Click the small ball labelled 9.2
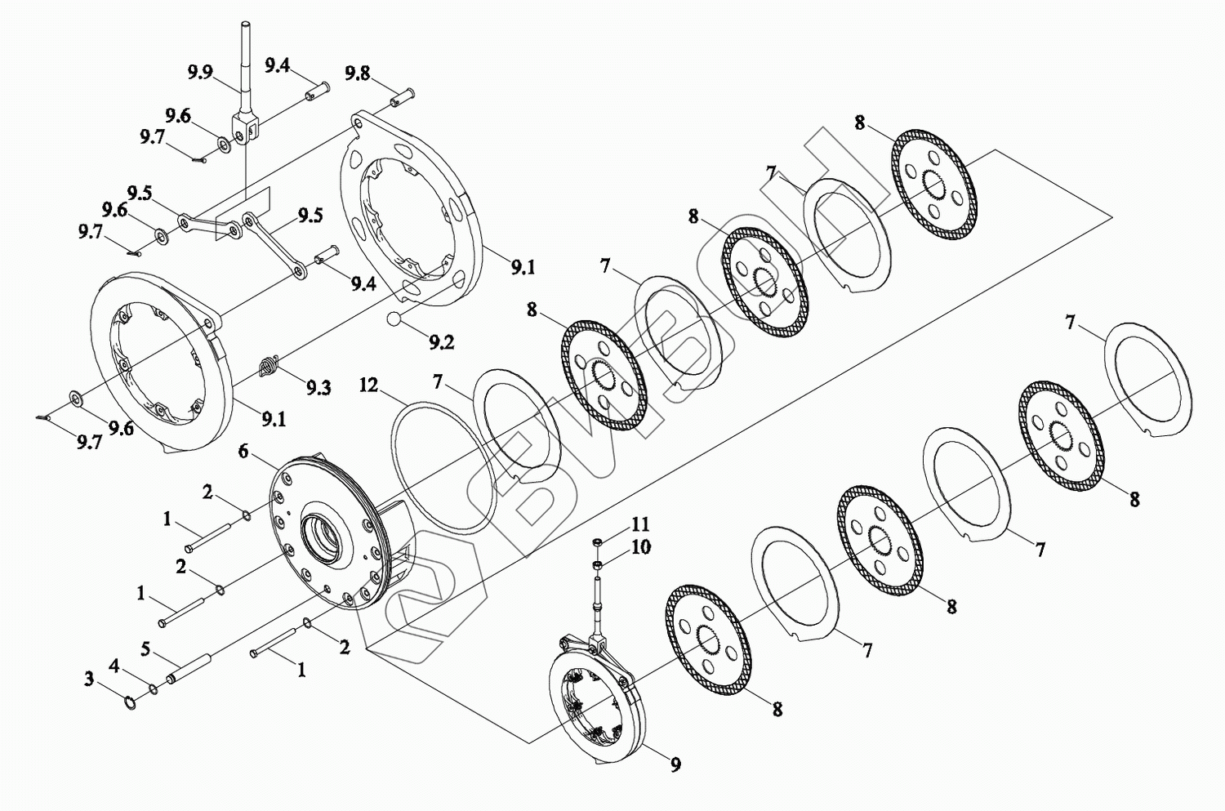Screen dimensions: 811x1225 [394, 319]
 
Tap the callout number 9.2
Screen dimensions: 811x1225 [441, 342]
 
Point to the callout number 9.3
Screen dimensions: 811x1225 [318, 387]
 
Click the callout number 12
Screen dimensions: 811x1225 [369, 384]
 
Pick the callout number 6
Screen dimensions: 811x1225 [243, 451]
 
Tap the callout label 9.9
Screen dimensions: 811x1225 [200, 73]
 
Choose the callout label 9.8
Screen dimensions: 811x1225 [357, 73]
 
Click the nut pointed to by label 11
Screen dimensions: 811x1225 [597, 541]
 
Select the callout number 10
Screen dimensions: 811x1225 [641, 546]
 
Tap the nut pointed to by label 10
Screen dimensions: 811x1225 [597, 564]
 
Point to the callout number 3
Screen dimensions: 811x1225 [89, 679]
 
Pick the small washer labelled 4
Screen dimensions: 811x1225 [154, 691]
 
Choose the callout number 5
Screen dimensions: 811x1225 [145, 649]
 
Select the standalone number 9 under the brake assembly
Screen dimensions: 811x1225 [675, 764]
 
